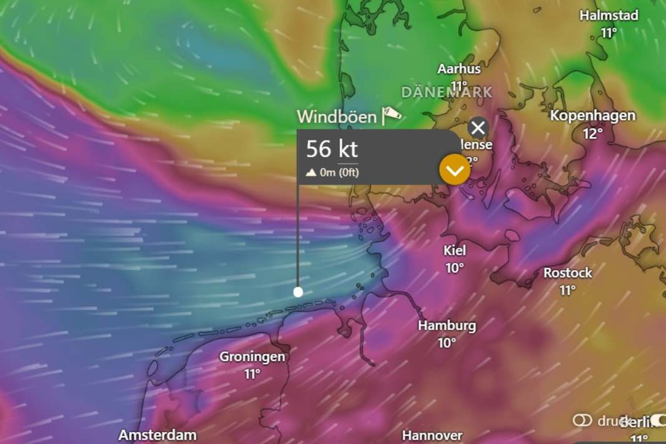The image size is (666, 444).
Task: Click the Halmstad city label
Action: click(x=609, y=15)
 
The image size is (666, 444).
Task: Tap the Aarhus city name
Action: click(x=459, y=69)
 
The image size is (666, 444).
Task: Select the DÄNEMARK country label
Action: click(x=446, y=92)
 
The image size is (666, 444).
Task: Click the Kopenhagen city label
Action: click(x=592, y=115)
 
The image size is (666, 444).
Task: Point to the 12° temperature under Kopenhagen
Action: click(x=592, y=133)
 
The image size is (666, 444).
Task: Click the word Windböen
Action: click(x=337, y=117)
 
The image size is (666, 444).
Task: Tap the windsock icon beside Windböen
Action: click(x=392, y=114)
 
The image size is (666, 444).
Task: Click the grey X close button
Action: click(x=478, y=128)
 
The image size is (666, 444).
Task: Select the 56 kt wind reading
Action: click(x=332, y=150)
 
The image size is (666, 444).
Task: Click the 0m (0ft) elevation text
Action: click(x=339, y=173)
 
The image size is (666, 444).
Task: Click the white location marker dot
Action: click(x=298, y=292)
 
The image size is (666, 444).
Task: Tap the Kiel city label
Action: click(x=455, y=251)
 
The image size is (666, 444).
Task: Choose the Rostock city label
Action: click(x=567, y=273)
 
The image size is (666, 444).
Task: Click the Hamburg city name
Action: click(x=446, y=326)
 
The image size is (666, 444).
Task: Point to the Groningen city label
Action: click(x=252, y=357)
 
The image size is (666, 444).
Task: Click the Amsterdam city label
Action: click(x=158, y=435)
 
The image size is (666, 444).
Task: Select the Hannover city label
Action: click(x=432, y=435)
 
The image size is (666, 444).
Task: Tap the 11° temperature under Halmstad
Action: click(x=609, y=32)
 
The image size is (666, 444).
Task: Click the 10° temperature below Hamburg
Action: click(x=446, y=342)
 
